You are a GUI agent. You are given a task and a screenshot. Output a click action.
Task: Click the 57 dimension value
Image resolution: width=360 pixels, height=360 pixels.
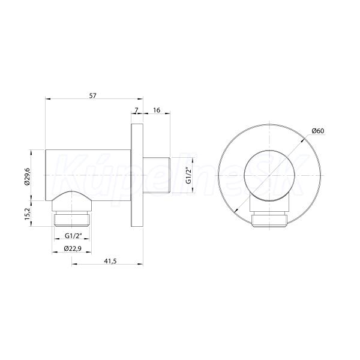coord(93,95)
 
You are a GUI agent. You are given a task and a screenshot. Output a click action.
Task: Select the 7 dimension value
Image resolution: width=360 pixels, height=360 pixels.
coord(136,110)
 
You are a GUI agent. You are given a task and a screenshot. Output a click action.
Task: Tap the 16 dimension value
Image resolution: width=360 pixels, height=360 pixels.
coord(157,110)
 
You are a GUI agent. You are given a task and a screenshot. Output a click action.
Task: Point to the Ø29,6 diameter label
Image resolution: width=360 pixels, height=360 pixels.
coord(27,176)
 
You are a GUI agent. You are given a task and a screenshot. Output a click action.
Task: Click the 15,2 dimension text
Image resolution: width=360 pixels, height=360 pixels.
coord(27,214)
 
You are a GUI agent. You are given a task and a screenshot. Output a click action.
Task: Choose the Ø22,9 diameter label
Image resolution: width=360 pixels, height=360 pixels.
coord(73,248)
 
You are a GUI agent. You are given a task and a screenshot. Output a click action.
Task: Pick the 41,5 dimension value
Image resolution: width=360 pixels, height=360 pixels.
coord(110,261)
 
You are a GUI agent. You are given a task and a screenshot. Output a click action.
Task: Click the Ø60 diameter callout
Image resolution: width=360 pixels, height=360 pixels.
coord(318,131)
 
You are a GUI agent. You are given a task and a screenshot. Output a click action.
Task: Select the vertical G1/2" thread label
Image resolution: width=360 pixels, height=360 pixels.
coord(188,176)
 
